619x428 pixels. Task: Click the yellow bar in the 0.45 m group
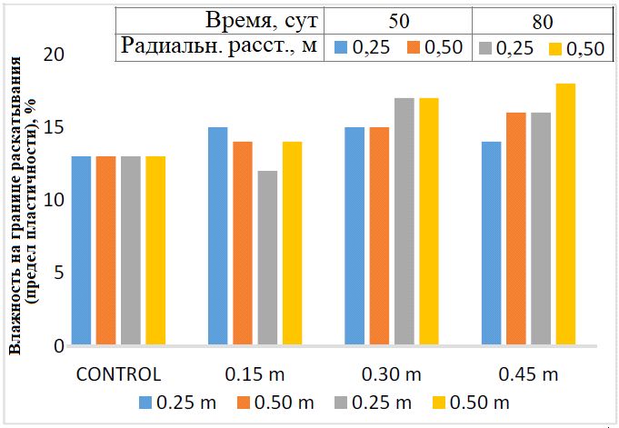565,214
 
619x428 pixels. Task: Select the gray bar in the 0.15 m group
267,258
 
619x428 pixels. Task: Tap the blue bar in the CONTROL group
81,251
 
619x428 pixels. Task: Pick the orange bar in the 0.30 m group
379,236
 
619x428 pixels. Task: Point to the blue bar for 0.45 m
491,244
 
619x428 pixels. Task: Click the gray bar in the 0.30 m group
404,222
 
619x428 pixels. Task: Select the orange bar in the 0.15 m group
243,244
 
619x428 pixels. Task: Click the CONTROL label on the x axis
118,373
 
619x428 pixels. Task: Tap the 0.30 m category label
391,373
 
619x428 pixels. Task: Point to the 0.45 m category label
527,373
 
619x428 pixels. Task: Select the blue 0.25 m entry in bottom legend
175,402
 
